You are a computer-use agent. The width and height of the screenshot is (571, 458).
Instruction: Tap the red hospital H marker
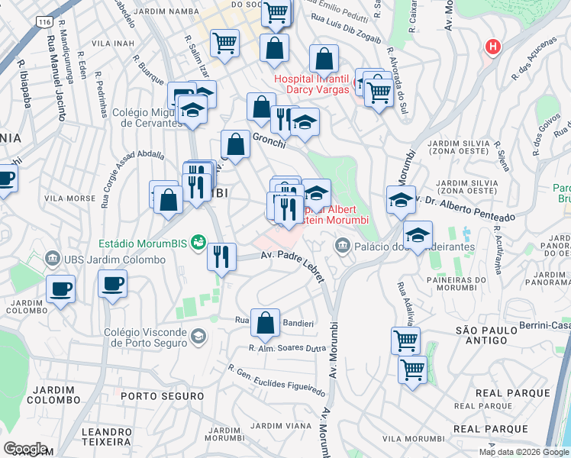coord(493,47)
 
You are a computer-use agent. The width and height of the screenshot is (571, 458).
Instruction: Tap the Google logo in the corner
coord(25,448)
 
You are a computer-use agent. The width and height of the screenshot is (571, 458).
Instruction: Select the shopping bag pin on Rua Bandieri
coord(265,324)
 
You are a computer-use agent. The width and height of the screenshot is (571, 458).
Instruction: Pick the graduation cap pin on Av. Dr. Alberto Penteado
coord(401,200)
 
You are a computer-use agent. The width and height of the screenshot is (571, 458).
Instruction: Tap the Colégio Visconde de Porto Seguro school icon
coord(198,337)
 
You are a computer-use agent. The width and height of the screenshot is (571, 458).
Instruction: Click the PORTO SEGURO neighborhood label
coord(162,396)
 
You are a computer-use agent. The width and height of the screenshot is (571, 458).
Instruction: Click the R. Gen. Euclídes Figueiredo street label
coord(276,379)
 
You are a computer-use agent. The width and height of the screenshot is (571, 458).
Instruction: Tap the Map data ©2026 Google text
coord(523,452)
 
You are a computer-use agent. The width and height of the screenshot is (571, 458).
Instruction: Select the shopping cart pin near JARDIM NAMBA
coord(224,43)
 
